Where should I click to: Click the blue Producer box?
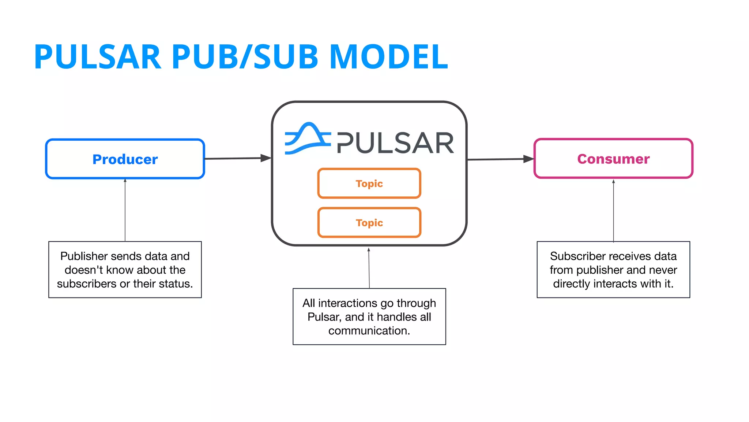125,159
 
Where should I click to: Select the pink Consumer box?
613,159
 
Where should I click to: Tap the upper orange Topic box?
369,183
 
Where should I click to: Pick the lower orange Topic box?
369,222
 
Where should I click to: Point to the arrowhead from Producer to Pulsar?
266,158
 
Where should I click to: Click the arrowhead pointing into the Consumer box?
529,159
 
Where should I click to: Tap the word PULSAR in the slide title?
98,57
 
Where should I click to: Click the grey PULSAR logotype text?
395,143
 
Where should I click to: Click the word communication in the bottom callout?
369,330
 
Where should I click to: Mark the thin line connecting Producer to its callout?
125,211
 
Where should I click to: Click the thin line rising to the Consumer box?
613,211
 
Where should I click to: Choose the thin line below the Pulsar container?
369,267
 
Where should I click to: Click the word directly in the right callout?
571,284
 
